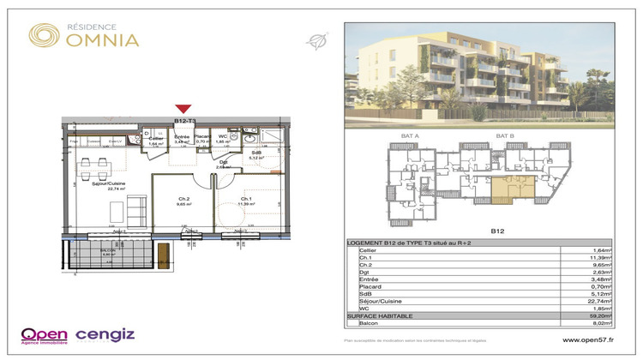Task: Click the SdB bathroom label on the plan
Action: [x=255, y=153]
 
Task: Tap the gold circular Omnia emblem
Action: [x=42, y=34]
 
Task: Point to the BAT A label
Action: [x=410, y=135]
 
